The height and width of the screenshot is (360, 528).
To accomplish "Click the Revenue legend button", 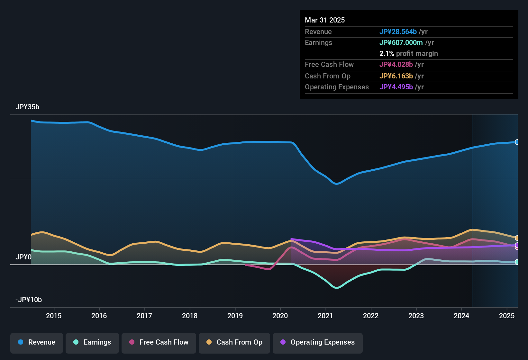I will click(37, 342).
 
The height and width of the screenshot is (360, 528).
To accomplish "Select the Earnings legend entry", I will click(92, 342).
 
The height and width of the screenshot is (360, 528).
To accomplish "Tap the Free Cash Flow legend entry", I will click(159, 342).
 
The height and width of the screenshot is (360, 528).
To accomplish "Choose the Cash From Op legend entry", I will click(234, 342).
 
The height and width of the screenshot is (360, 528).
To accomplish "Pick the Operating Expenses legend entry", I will click(318, 342).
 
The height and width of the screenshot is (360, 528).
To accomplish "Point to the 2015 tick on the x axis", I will click(54, 316).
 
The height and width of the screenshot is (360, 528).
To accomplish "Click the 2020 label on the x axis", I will click(280, 316).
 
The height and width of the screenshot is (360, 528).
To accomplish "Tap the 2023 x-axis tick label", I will click(416, 316).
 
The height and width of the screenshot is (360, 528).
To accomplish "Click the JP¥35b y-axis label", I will click(27, 107).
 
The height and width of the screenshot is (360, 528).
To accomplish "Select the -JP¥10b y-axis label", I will click(29, 300).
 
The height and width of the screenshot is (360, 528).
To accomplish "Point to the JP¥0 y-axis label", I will click(23, 257).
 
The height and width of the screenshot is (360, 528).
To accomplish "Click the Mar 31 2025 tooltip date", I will click(325, 20).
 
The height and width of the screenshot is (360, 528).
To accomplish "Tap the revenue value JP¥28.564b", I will click(398, 32).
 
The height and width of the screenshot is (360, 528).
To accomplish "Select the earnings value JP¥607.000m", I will click(401, 43).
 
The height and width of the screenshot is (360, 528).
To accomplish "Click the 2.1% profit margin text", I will click(408, 54).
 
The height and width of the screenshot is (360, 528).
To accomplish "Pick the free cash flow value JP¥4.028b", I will click(396, 65).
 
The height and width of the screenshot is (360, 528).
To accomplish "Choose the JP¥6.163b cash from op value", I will click(396, 76).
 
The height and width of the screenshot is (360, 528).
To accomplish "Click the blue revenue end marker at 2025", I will click(517, 142).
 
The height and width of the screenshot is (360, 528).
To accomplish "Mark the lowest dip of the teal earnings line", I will click(337, 288).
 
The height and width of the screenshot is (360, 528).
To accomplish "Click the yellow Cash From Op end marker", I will click(517, 238).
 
